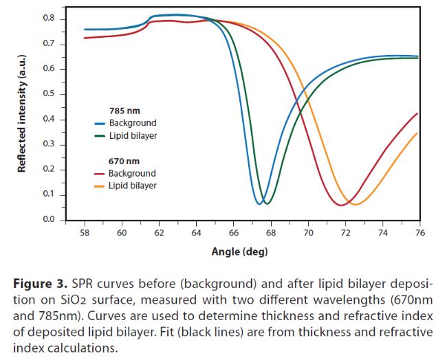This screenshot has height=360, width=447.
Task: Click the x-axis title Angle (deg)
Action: (x=239, y=251)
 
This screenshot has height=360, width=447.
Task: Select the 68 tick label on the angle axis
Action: (x=270, y=234)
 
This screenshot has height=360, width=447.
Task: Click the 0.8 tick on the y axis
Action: (x=50, y=19)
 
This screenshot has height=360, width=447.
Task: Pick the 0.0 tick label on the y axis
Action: (x=50, y=220)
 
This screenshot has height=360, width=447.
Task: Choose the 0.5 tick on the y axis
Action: (x=50, y=94)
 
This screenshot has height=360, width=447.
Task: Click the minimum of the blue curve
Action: (x=259, y=204)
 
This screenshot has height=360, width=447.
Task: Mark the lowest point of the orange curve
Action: (x=355, y=204)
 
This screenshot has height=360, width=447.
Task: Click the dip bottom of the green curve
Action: (x=267, y=204)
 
